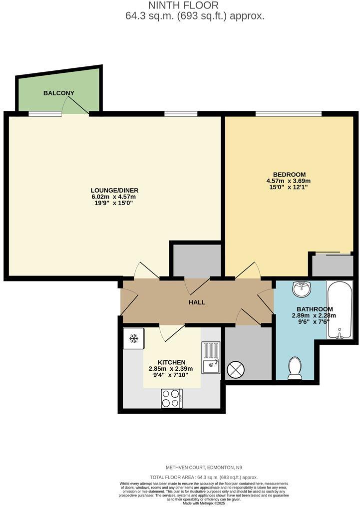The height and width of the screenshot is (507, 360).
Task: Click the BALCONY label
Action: pyautogui.click(x=59, y=93)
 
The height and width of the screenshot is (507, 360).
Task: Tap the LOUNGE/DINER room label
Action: pyautogui.click(x=114, y=190)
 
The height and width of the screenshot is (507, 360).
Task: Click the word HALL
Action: pyautogui.click(x=197, y=302)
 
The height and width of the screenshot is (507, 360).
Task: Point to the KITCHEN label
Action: pyautogui.click(x=172, y=362)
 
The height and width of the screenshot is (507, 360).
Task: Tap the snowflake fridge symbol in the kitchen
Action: pyautogui.click(x=133, y=339)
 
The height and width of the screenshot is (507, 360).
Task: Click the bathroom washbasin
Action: pyautogui.click(x=302, y=288)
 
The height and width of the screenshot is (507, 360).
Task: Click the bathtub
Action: pyautogui.click(x=340, y=309)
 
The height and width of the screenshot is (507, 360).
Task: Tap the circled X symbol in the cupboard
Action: pyautogui.click(x=235, y=370)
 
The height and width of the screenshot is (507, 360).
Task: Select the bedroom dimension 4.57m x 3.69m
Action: pyautogui.click(x=289, y=181)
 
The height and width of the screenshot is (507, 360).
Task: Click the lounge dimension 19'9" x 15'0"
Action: pyautogui.click(x=114, y=203)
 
